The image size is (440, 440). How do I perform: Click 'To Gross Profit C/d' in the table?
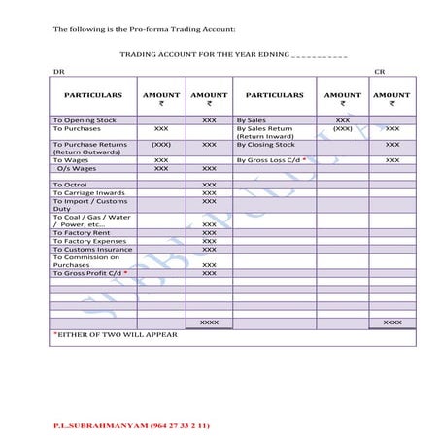88,273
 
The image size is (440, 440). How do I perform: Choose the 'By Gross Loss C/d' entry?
269,159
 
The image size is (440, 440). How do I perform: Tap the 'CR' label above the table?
379,72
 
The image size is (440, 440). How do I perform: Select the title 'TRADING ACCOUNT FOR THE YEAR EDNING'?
205,55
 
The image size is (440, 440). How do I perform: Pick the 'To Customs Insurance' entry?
91,249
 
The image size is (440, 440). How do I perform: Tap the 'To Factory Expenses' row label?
89,241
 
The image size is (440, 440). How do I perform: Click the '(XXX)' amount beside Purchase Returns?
161,144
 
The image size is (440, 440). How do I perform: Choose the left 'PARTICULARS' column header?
92,95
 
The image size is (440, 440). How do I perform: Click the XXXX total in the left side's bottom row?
209,321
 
